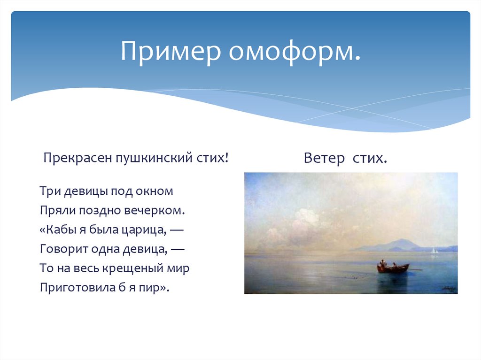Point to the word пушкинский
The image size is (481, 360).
click(x=149, y=157)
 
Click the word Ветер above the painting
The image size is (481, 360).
click(x=323, y=158)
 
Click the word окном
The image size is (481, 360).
click(x=155, y=191)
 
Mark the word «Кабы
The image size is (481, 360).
click(x=55, y=230)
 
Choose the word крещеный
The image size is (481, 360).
click(x=136, y=268)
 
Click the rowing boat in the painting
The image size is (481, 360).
click(x=393, y=268)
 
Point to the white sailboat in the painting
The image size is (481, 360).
click(x=434, y=251)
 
